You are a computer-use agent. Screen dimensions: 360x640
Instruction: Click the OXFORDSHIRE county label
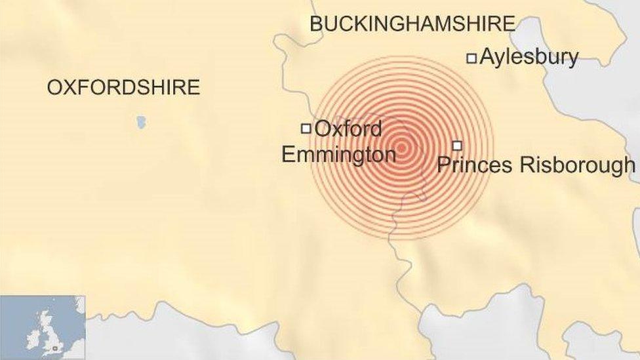(123, 87)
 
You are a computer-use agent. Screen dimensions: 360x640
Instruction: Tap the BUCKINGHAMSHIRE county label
(412, 24)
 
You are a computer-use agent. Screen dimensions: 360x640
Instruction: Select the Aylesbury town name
(529, 58)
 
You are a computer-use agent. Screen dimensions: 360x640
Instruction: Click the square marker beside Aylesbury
(471, 58)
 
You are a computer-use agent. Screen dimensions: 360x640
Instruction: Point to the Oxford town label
(348, 129)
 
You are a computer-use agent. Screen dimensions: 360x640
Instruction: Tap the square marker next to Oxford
(306, 129)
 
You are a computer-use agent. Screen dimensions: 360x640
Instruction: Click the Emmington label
(338, 155)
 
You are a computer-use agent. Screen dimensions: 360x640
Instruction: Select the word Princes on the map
(475, 165)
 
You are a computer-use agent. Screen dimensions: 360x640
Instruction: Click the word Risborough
(577, 165)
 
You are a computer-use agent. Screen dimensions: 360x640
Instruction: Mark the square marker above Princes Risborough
(457, 146)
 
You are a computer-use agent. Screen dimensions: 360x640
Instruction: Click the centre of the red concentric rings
(402, 147)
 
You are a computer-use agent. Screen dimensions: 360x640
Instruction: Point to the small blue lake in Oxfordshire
(141, 122)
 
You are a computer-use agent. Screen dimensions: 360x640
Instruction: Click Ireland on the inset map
(31, 338)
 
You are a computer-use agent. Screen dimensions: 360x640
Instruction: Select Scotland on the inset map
(46, 321)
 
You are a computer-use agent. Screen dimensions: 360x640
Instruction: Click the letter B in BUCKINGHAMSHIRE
(316, 24)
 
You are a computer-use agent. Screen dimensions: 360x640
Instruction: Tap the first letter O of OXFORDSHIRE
(54, 87)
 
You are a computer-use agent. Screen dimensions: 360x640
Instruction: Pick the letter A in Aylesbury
(487, 58)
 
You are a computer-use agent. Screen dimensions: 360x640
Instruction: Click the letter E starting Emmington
(287, 155)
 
